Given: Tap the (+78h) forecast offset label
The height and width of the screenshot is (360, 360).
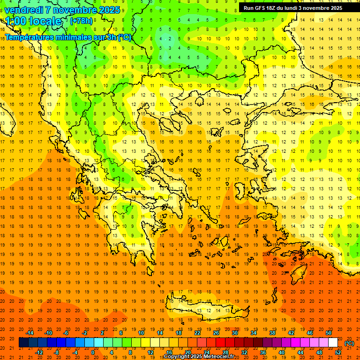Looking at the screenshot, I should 81,21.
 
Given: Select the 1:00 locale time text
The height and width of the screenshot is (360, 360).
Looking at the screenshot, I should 33,21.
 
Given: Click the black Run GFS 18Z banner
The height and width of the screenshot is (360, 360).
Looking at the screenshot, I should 292,8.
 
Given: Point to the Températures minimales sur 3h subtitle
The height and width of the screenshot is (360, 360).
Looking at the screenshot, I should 68,37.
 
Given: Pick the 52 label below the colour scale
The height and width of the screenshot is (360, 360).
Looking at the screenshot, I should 338,352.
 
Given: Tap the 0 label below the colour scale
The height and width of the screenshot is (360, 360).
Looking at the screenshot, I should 93,352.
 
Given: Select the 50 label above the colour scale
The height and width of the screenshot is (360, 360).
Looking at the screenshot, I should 329,333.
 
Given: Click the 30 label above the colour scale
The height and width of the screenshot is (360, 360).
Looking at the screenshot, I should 234,333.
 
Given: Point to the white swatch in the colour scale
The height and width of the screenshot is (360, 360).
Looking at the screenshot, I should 333,343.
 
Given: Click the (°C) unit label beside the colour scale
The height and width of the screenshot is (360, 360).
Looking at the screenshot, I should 349,343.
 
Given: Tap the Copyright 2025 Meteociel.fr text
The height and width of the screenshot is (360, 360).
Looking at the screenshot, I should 198,357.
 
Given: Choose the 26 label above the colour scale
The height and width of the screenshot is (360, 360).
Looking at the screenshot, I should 216,333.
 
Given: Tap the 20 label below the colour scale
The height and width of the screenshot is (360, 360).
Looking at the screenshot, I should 188,352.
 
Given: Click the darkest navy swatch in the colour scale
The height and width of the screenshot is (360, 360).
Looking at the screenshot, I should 23,343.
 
